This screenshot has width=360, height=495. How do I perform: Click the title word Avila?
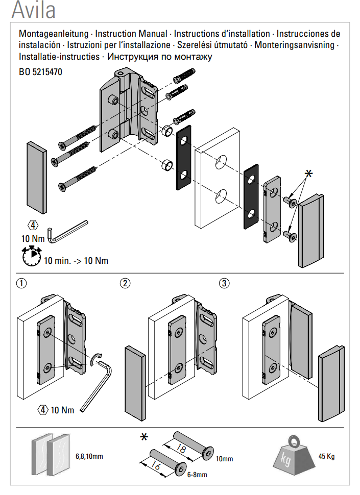coord(34,10)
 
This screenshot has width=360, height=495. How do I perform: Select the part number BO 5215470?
coord(40,72)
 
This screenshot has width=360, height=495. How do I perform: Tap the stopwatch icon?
coord(32,256)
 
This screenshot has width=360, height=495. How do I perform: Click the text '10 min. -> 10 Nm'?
coord(76,261)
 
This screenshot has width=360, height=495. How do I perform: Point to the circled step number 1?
coord(21,283)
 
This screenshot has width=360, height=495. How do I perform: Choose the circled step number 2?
coord(125,283)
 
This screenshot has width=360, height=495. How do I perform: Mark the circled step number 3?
coord(224,283)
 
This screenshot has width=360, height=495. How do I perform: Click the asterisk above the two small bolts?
coord(308,174)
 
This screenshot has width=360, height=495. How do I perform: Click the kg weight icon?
coord(294,455)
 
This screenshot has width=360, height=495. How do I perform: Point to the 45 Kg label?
coord(326,457)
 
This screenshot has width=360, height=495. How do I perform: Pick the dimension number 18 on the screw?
coord(181,448)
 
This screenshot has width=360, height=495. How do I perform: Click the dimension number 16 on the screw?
coord(155,465)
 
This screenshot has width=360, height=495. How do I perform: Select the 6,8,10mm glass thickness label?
coord(89,456)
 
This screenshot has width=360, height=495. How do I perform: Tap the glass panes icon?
coord(51,455)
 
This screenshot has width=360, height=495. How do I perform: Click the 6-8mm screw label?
coord(197,475)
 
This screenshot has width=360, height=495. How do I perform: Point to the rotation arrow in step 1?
coord(95,359)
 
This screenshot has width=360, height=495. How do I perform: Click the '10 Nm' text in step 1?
coord(62,410)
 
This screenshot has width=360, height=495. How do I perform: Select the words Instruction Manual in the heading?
coord(131,34)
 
